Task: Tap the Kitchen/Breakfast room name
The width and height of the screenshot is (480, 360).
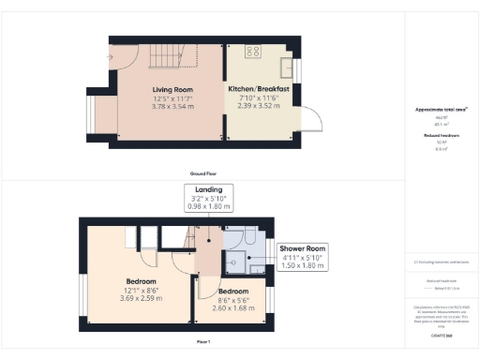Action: tap(258, 90)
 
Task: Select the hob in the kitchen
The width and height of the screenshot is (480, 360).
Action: tap(252, 51)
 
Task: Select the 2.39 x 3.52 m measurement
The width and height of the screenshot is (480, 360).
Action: tap(258, 107)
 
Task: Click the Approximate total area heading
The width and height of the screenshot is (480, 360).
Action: tap(441, 110)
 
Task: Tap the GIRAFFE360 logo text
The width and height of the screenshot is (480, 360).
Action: tap(441, 334)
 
